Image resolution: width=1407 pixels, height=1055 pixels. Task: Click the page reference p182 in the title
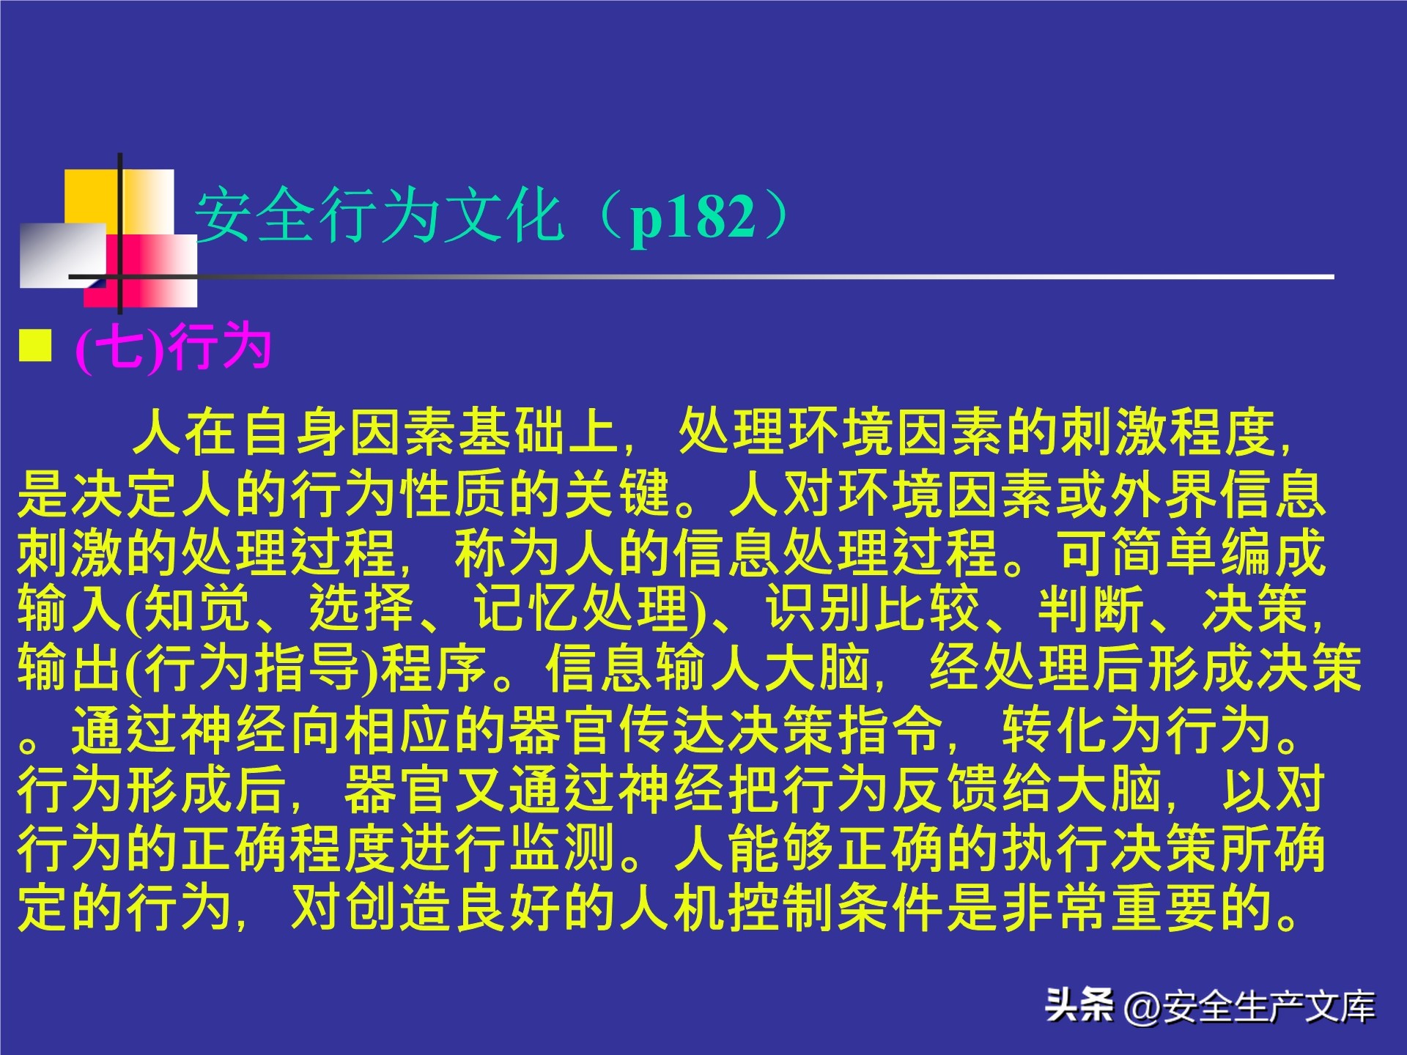[x=693, y=217]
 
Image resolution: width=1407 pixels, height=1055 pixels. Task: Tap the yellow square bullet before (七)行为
[x=35, y=345]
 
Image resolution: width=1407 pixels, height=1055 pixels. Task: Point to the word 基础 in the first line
[x=512, y=432]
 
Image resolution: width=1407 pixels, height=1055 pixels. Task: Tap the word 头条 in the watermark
[x=1079, y=1005]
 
